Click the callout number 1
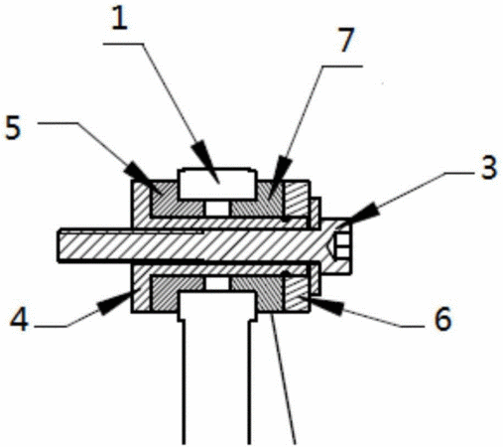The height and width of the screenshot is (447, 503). click(120, 19)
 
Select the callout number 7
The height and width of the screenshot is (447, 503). click(346, 40)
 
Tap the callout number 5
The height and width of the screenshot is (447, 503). click(13, 128)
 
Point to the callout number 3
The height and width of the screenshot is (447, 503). click(489, 168)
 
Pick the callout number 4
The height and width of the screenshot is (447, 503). click(19, 320)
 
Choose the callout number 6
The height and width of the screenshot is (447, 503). click(442, 319)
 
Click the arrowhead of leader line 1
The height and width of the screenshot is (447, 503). click(206, 160)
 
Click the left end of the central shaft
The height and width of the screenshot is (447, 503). click(59, 245)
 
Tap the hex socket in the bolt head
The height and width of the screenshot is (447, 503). click(342, 245)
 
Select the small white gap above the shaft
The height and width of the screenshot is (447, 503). click(217, 209)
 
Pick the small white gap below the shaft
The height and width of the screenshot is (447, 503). click(217, 282)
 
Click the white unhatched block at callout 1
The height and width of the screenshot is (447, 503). click(217, 184)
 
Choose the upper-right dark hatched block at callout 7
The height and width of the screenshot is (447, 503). click(258, 200)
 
